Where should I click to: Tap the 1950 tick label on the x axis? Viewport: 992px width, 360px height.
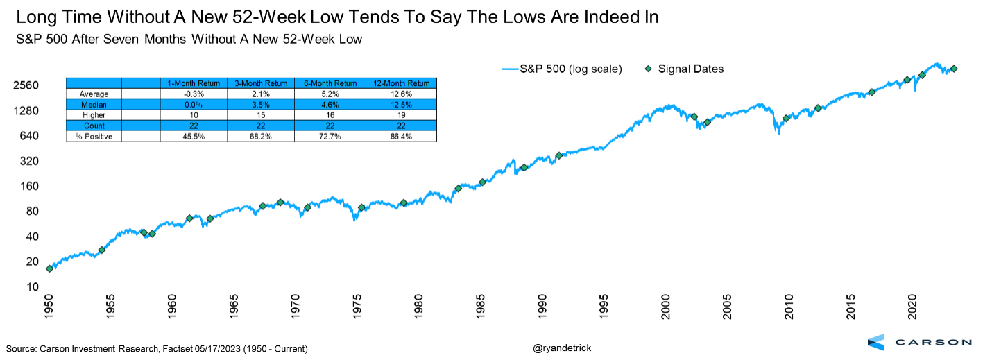tap(49, 307)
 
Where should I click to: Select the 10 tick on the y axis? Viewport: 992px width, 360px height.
tap(33, 286)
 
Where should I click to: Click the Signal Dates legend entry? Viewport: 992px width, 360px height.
tap(691, 69)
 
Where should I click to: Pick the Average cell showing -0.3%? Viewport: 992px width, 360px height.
tap(194, 94)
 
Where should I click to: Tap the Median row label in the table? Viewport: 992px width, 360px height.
tap(94, 105)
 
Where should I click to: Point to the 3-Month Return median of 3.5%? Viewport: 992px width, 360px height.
tap(262, 105)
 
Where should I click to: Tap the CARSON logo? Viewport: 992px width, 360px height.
tap(920, 342)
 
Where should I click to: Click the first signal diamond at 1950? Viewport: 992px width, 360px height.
tap(49, 268)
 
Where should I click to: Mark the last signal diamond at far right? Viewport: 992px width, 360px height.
tap(954, 69)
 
